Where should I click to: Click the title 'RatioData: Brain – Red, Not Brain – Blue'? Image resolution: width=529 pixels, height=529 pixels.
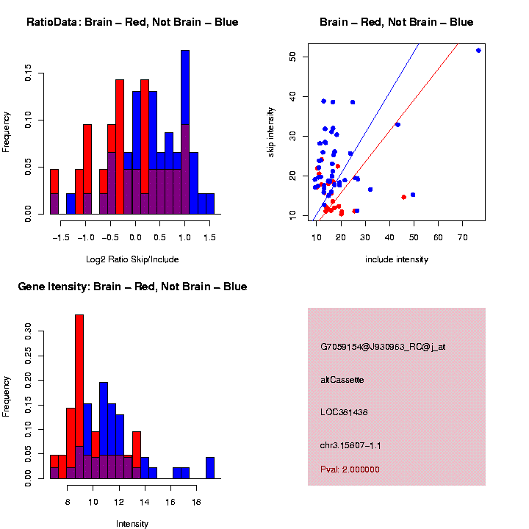(x=132, y=23)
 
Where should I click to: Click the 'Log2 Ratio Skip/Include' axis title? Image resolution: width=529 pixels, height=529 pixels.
(x=132, y=259)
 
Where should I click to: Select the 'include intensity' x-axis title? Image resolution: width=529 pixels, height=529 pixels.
(x=396, y=259)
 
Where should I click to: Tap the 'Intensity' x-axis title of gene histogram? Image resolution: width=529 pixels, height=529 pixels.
(x=132, y=524)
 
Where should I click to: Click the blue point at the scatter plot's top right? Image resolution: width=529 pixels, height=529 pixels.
(x=478, y=50)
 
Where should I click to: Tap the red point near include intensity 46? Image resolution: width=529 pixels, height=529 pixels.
(x=404, y=197)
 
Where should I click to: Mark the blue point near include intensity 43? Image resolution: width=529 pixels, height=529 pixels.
(x=397, y=125)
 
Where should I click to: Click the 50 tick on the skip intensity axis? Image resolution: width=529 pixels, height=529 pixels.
(x=292, y=57)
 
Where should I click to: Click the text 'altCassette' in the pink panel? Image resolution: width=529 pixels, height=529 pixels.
(x=342, y=380)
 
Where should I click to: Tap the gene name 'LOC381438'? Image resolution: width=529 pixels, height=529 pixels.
(x=344, y=412)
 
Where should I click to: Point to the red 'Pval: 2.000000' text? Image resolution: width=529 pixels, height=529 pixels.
(x=350, y=469)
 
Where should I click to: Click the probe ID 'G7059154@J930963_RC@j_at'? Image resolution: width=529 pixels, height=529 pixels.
(x=382, y=347)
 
